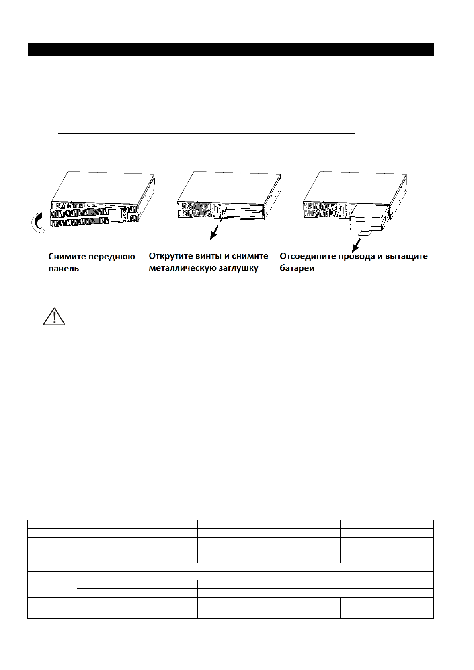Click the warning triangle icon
54,317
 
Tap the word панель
64,269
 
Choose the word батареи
297,268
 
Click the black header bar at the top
230,50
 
